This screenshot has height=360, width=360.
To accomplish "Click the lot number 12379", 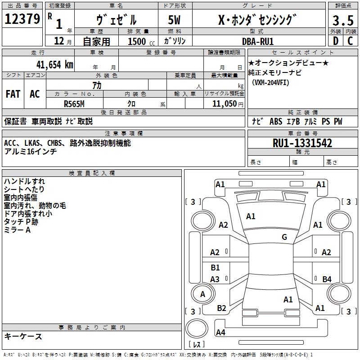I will pos(22,19).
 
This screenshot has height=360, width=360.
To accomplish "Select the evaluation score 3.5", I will pos(342,20).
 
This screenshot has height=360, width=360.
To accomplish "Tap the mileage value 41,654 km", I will pos(51,64).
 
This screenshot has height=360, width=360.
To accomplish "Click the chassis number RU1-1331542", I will pos(302,143).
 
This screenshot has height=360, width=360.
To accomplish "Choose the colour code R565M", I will pos(74,103).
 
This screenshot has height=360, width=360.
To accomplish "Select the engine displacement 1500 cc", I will pos(139,41).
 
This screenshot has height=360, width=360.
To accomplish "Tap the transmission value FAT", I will pos(13,94).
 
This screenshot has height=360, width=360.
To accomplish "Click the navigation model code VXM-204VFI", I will pos(271,83).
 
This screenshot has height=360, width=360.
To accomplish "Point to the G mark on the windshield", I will pos(284,237).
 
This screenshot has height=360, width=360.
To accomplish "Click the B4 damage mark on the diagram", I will pos(327,279).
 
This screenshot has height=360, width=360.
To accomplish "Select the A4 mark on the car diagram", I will pos(220,333).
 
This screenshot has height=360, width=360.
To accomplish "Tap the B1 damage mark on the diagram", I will pos(215,268).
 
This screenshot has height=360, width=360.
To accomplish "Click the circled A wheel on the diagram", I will pos(202,294).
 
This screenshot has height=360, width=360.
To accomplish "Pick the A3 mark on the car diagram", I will pos(215,279).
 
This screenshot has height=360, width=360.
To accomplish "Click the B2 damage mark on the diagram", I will pos(221,308).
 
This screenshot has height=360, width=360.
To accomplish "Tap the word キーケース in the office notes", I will pos(23,336).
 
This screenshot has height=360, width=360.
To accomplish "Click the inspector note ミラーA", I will pos(17,230).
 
